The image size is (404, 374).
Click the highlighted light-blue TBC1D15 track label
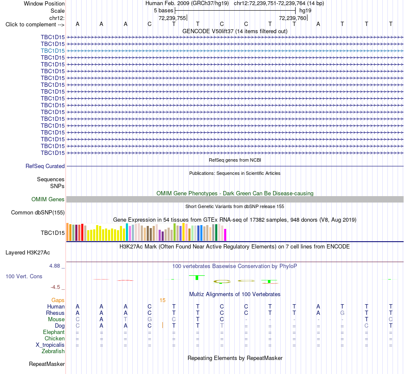coord(53,51)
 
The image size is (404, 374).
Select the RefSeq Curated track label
coord(45,166)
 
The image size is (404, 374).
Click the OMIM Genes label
coord(48,199)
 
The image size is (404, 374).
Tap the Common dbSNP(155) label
coord(37,212)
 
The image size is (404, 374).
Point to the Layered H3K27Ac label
coord(28,253)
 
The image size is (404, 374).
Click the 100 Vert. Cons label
coord(24,276)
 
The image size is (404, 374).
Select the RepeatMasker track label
coord(47,364)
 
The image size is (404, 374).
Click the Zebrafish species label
coord(53,351)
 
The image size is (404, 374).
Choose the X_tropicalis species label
coord(50,345)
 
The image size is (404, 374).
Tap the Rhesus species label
coord(55,313)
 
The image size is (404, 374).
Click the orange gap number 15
coord(162,300)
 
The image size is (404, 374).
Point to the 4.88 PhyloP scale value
coord(54,266)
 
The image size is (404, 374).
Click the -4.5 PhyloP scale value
coord(55,287)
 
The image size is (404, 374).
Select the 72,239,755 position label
coord(172,18)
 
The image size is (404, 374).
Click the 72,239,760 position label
coord(293,18)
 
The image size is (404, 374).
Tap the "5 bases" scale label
coord(164,11)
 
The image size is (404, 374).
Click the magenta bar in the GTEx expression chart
coord(225,235)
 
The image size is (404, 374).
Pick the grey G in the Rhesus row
coord(342,313)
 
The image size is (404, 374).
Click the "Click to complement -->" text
coord(35,25)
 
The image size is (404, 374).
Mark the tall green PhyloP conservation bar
coord(197,277)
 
